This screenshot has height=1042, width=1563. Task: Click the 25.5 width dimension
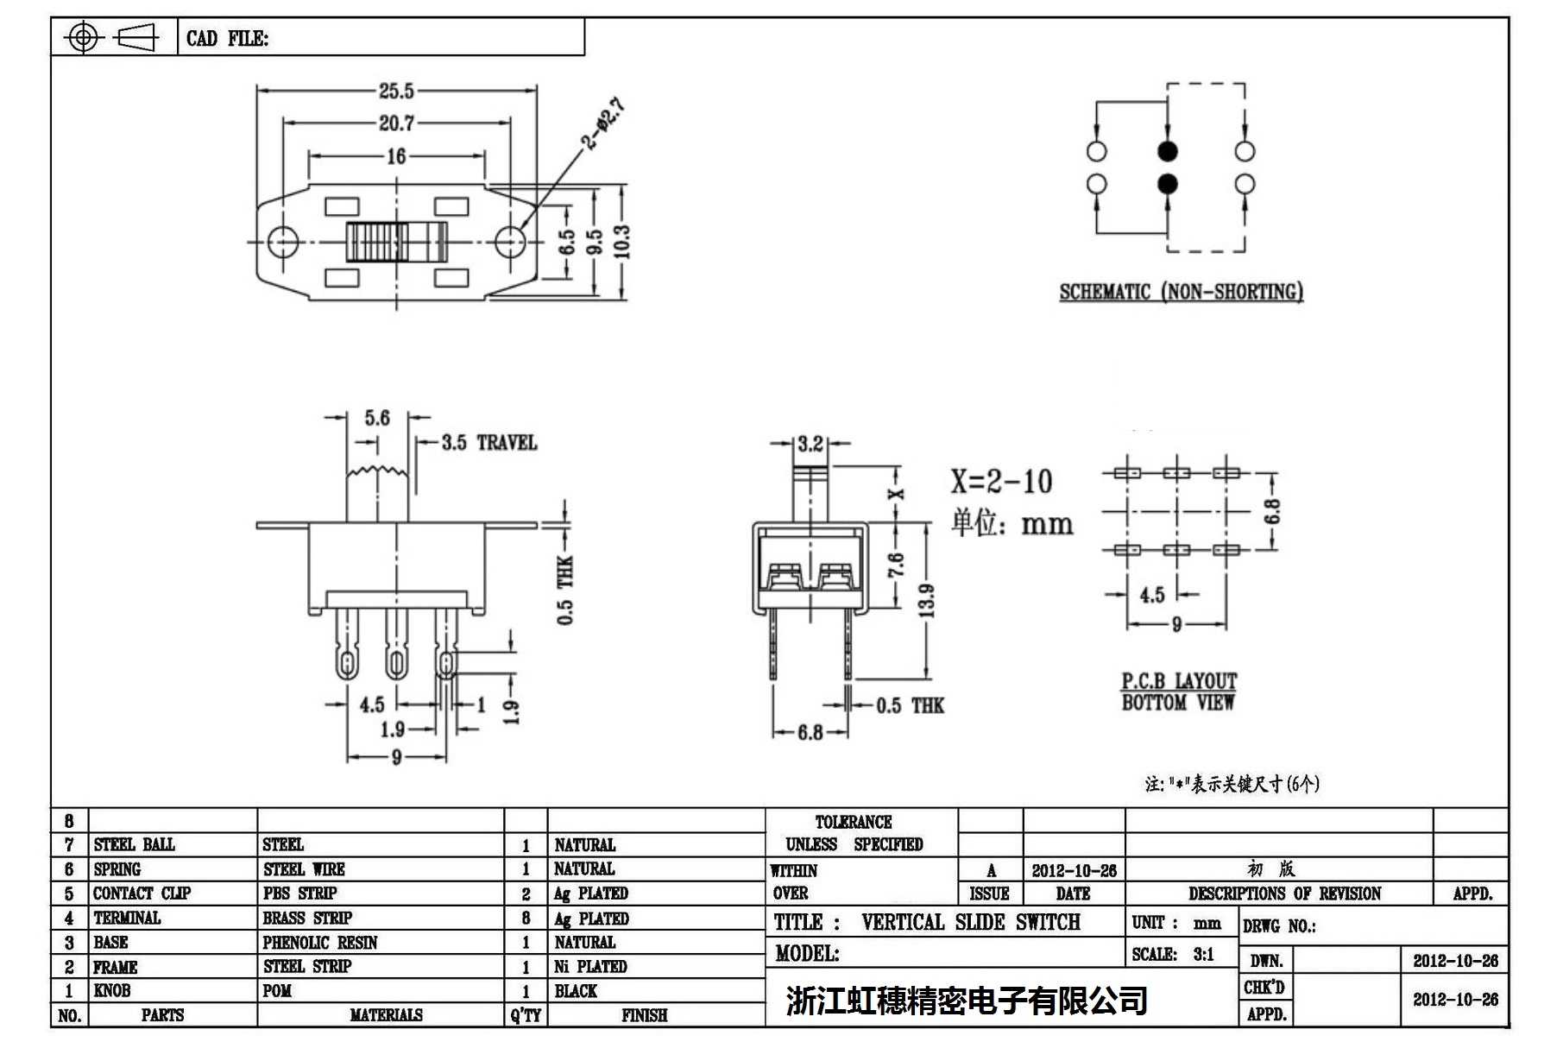(x=396, y=91)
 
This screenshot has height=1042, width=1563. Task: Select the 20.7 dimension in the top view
(x=396, y=123)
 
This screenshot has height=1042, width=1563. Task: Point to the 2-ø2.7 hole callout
(x=602, y=124)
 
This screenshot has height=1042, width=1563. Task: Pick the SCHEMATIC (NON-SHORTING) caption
(x=1181, y=292)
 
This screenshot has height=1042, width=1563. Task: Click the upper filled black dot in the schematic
(x=1167, y=152)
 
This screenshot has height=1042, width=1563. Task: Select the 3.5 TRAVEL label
(x=489, y=443)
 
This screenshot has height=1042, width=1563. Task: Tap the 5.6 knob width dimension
(x=377, y=419)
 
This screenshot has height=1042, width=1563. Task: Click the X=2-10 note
(x=1001, y=482)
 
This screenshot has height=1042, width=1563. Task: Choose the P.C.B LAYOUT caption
(x=1179, y=681)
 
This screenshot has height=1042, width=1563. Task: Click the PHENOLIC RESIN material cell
(x=320, y=943)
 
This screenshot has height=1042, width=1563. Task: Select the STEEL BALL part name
(x=135, y=844)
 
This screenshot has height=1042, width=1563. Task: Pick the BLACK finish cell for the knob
(x=576, y=991)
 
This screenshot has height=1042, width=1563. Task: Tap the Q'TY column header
(x=526, y=1015)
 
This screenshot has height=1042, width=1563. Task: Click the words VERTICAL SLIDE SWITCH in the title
(x=970, y=923)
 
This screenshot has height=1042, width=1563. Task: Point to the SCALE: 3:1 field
(x=1173, y=955)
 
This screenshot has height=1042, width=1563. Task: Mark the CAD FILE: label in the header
(x=228, y=39)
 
